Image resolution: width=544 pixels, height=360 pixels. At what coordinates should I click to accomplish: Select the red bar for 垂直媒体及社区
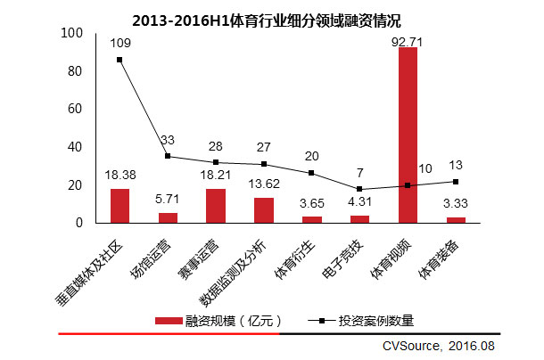click(120, 205)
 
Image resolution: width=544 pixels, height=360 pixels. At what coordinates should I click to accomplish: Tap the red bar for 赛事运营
click(216, 205)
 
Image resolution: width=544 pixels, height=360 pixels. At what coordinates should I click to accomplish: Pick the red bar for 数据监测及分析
click(264, 209)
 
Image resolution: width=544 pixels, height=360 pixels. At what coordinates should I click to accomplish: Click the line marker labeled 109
click(120, 60)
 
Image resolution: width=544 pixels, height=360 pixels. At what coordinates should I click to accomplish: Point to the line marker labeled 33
click(168, 157)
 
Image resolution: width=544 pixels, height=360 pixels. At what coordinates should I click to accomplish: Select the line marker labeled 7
click(359, 189)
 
